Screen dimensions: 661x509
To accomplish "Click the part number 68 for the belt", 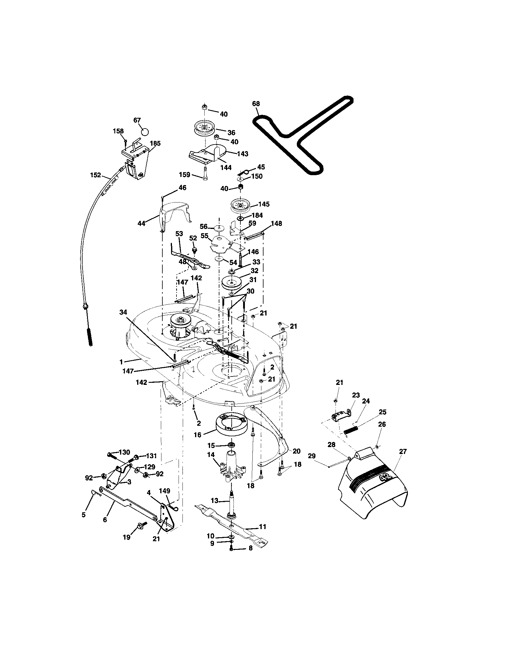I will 256,104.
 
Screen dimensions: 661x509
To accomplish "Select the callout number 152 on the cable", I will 95,175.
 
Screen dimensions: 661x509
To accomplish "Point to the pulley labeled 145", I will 241,206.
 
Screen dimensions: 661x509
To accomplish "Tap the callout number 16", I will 197,435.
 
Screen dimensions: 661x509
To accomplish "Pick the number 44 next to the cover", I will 141,223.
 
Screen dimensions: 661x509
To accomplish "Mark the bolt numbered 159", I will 205,175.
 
